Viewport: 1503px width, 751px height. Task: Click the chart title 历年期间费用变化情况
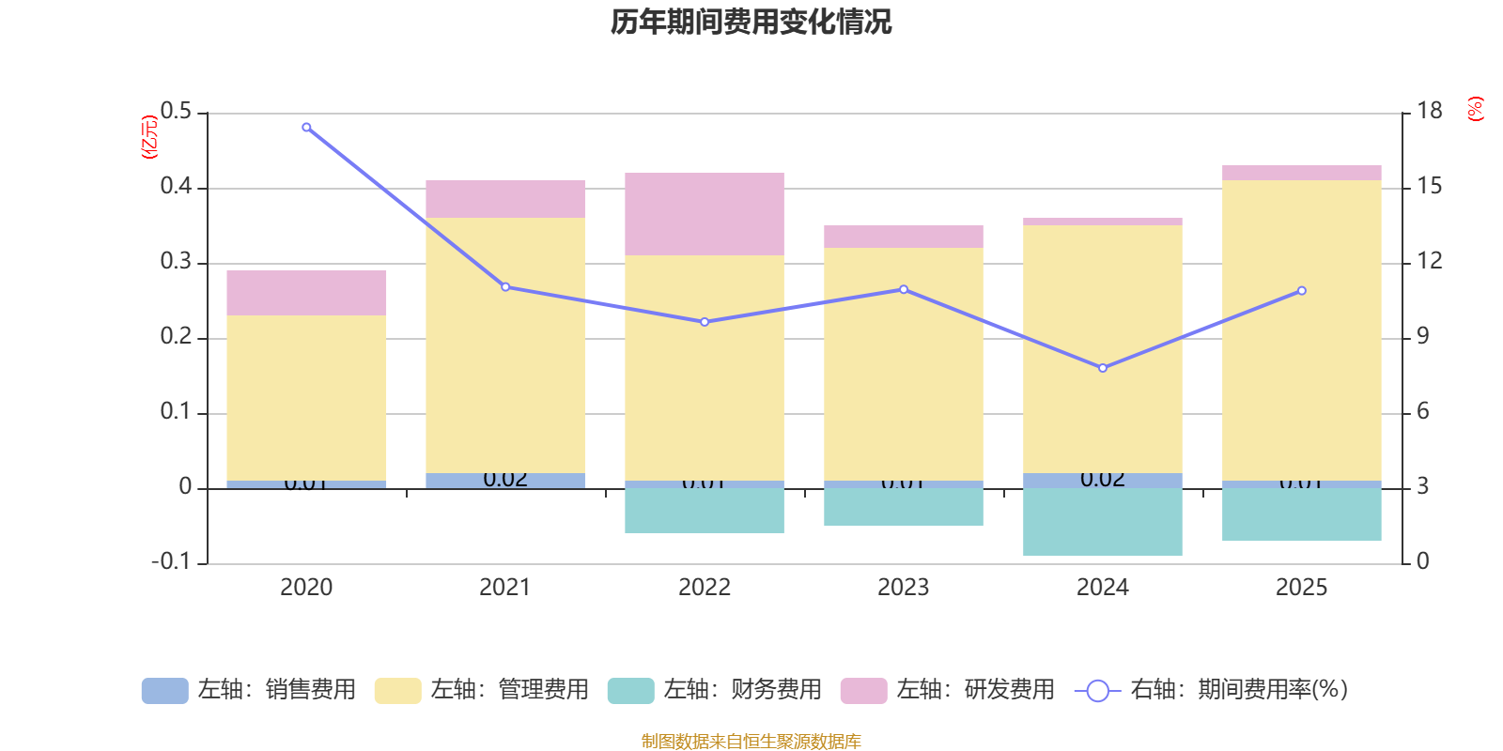coord(751,22)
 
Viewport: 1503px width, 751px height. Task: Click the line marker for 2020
coord(306,127)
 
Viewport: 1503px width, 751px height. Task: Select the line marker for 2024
coord(1103,368)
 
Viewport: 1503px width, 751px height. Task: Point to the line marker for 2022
coord(705,322)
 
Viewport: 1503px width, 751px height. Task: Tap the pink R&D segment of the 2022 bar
coord(705,214)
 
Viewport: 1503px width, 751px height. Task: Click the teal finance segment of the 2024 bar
coord(1103,522)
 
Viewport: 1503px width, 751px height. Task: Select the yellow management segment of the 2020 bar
coord(306,398)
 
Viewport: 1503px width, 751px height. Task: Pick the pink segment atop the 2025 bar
coord(1302,173)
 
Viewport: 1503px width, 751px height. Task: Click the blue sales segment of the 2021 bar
coord(505,481)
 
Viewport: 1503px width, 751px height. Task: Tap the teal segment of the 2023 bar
coord(904,507)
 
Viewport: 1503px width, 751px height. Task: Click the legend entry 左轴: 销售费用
coord(250,690)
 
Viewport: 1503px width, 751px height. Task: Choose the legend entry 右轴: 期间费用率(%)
coord(1212,690)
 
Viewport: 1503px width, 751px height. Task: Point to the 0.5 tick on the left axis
coord(176,112)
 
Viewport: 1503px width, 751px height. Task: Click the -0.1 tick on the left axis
coord(171,561)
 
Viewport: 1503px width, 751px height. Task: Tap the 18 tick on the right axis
coord(1429,111)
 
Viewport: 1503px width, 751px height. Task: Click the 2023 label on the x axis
coord(904,588)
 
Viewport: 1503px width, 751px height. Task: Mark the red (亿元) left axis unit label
coord(148,137)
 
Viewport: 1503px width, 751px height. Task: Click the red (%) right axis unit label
coord(1475,109)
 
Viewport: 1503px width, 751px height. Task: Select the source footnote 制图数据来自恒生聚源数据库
coord(751,742)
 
